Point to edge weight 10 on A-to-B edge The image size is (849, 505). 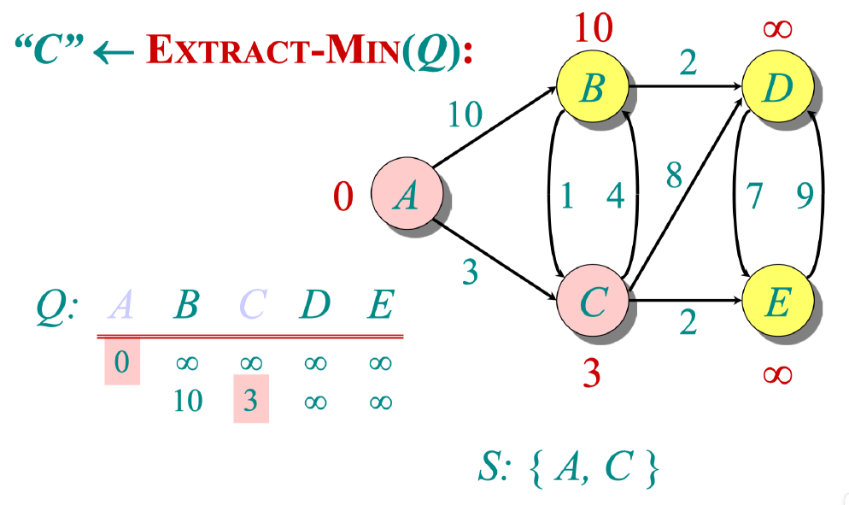[465, 115]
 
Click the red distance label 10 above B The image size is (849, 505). [592, 29]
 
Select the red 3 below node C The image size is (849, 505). [592, 373]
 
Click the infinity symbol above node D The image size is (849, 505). [776, 29]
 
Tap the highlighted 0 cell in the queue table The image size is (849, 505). [122, 361]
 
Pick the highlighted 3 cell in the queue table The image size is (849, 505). [250, 399]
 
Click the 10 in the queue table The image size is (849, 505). [186, 400]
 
